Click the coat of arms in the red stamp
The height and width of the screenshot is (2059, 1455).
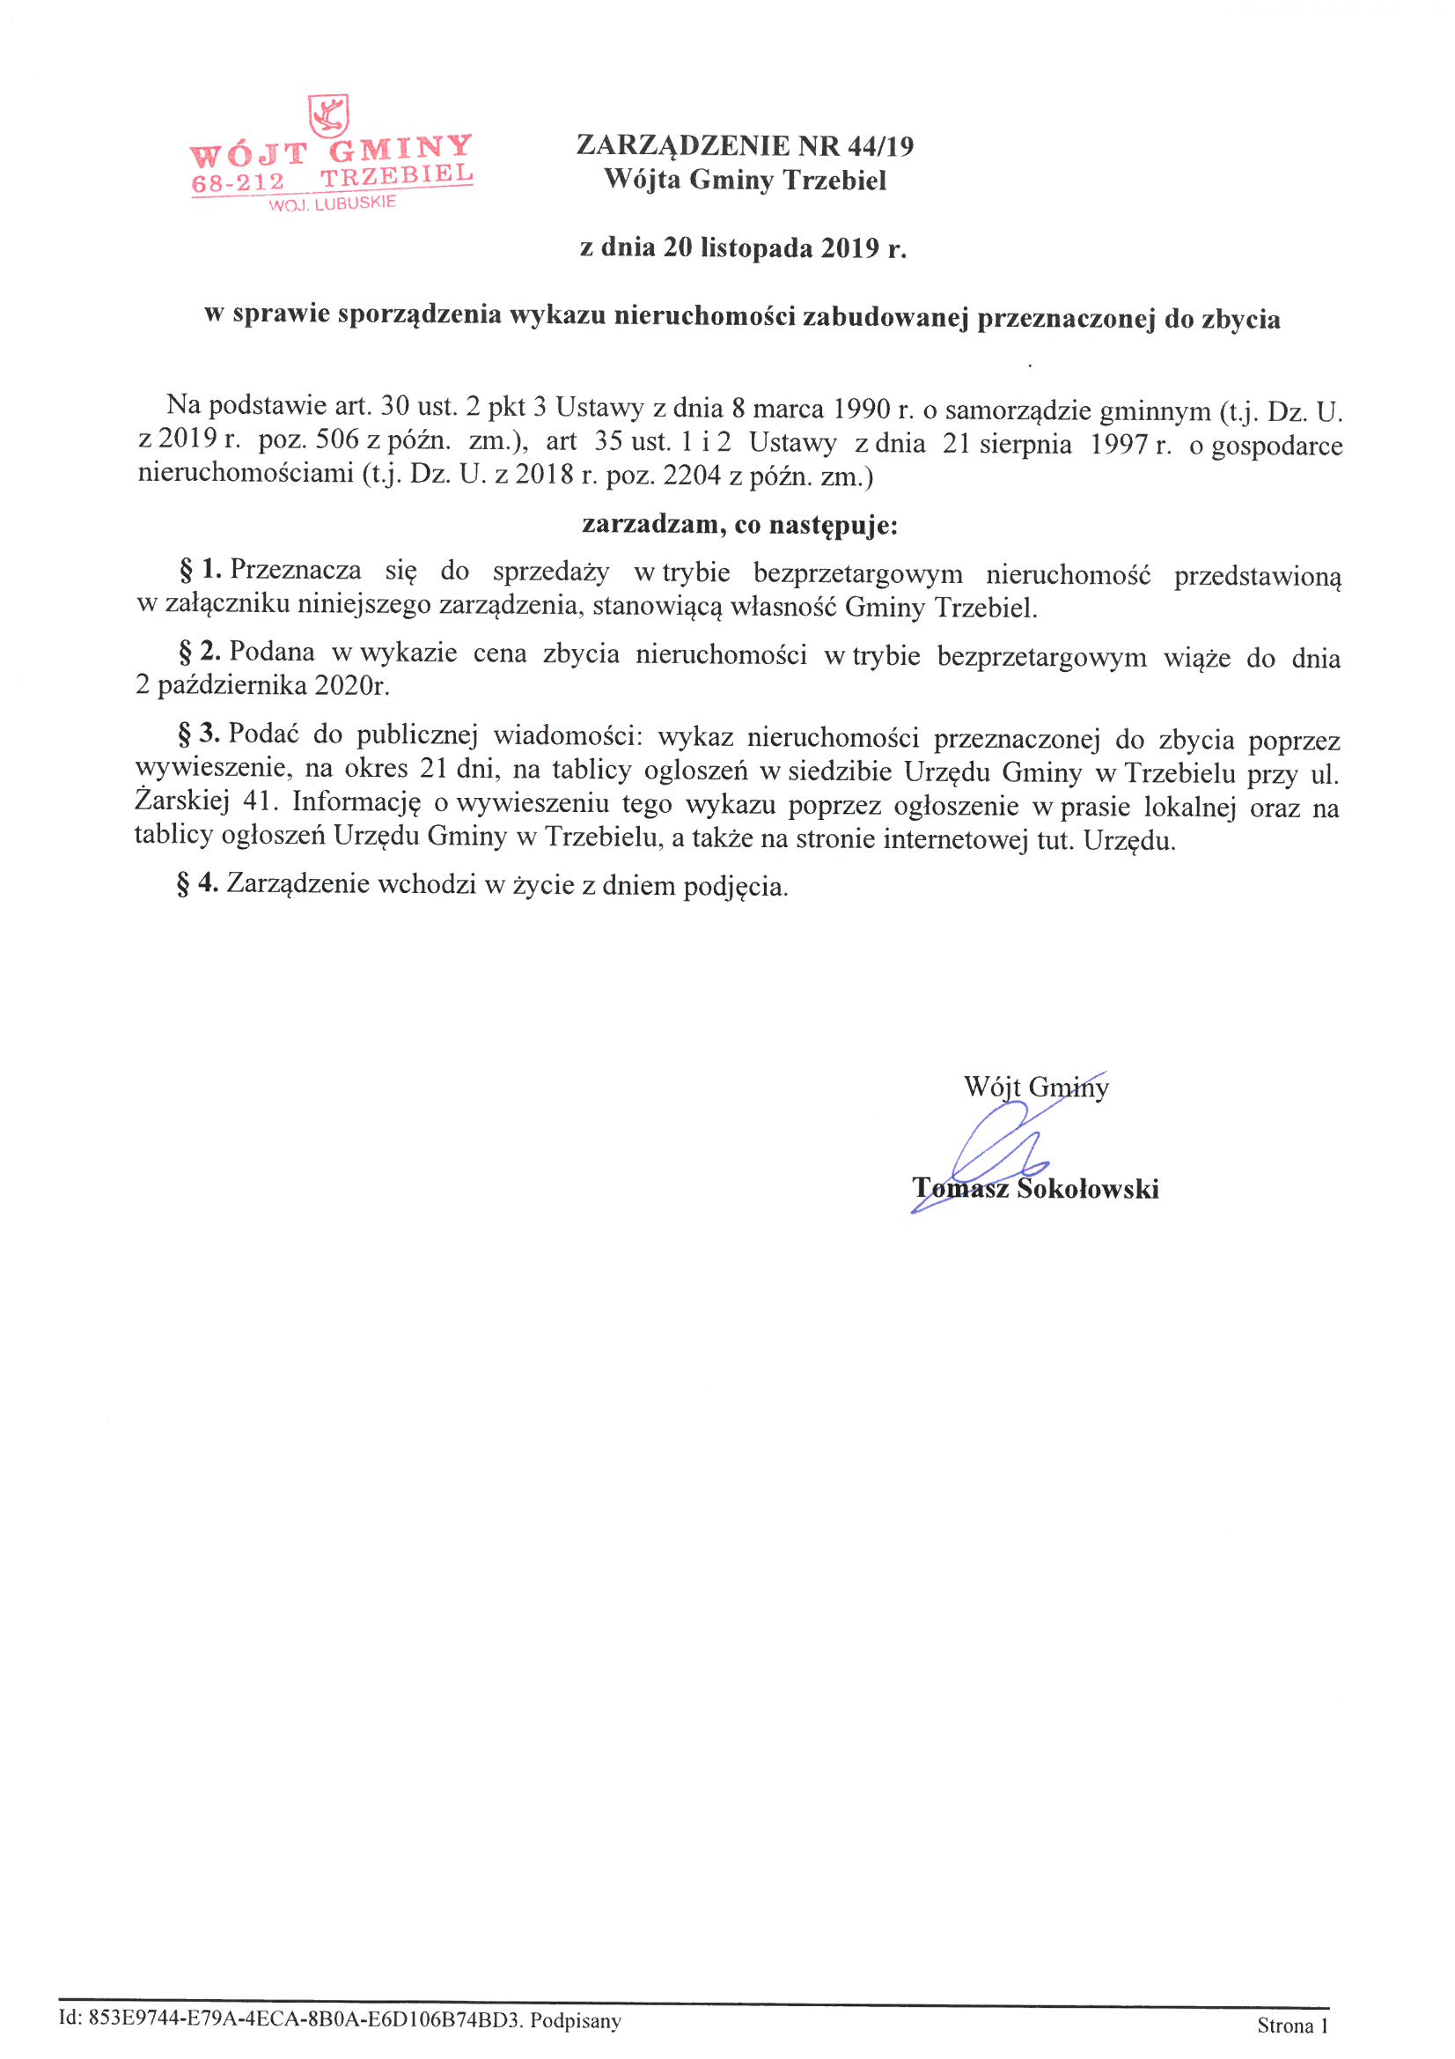point(328,115)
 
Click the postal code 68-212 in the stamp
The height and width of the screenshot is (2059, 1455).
point(238,182)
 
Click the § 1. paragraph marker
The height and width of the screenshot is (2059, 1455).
point(200,570)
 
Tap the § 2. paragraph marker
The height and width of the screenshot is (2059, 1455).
point(200,652)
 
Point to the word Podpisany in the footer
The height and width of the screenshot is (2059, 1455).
point(575,2020)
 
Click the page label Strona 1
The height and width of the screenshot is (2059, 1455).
point(1292,2025)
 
